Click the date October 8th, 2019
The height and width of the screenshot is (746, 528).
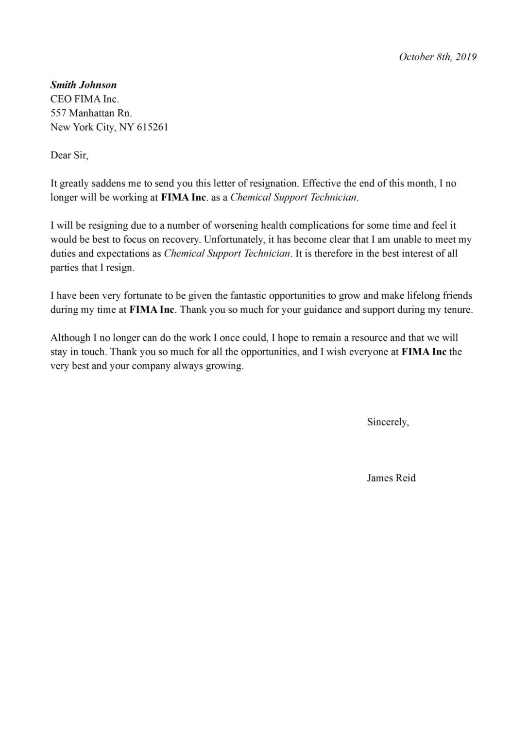pyautogui.click(x=437, y=57)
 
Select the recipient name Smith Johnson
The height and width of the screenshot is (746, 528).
pyautogui.click(x=84, y=85)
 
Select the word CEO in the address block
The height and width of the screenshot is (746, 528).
pyautogui.click(x=61, y=99)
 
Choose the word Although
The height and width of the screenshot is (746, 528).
pyautogui.click(x=70, y=338)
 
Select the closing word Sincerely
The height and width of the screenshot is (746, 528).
pyautogui.click(x=387, y=422)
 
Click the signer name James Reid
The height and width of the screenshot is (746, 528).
pyautogui.click(x=391, y=478)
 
